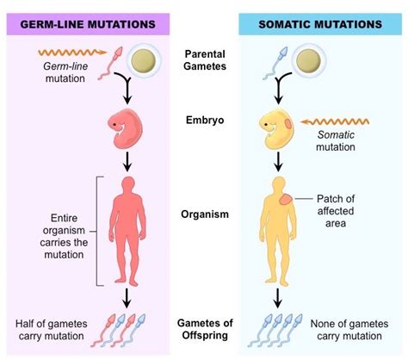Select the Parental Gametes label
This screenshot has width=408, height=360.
coord(204,61)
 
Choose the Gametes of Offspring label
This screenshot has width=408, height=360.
coord(204,326)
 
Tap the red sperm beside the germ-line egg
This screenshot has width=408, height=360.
coord(108,65)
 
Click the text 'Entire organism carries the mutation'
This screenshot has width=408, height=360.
coord(50,229)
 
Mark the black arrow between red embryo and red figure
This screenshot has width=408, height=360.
coord(127,159)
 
